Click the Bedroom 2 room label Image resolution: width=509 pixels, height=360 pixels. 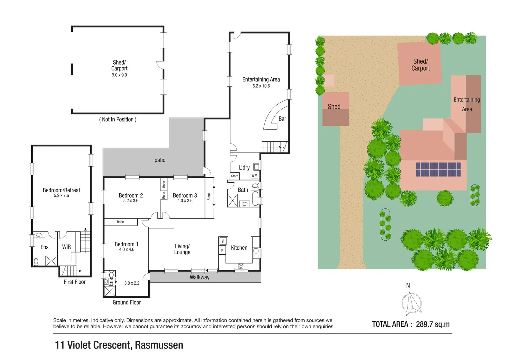coord(131,196)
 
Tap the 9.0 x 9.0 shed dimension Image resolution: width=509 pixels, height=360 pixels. coord(119,75)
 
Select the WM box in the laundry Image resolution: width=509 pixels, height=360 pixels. coord(254,175)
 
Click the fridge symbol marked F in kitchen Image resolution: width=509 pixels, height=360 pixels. coord(223,241)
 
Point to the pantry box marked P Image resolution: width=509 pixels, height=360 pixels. coord(222,250)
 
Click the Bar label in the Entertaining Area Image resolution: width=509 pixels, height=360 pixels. coord(282,119)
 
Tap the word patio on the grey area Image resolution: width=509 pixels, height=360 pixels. coord(160,160)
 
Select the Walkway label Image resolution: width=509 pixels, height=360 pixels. coord(200,277)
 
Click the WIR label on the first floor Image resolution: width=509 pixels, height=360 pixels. coord(66,247)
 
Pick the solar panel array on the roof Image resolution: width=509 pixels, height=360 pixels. coord(438,169)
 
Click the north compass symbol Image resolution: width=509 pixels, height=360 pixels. coord(411,304)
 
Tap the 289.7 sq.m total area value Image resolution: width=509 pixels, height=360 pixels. coord(433,324)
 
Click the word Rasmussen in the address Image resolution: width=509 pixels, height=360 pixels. coord(159,345)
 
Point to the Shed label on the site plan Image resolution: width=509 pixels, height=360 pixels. coord(334,107)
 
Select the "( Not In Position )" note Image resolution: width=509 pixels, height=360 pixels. coord(118,119)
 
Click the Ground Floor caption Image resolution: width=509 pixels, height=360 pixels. coord(127,302)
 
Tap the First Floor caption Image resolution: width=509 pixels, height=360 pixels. coord(75,282)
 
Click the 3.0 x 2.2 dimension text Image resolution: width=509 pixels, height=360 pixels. coord(132,283)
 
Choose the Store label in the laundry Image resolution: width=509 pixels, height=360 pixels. coord(235,176)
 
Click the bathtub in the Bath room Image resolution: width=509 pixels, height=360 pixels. coord(255,198)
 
